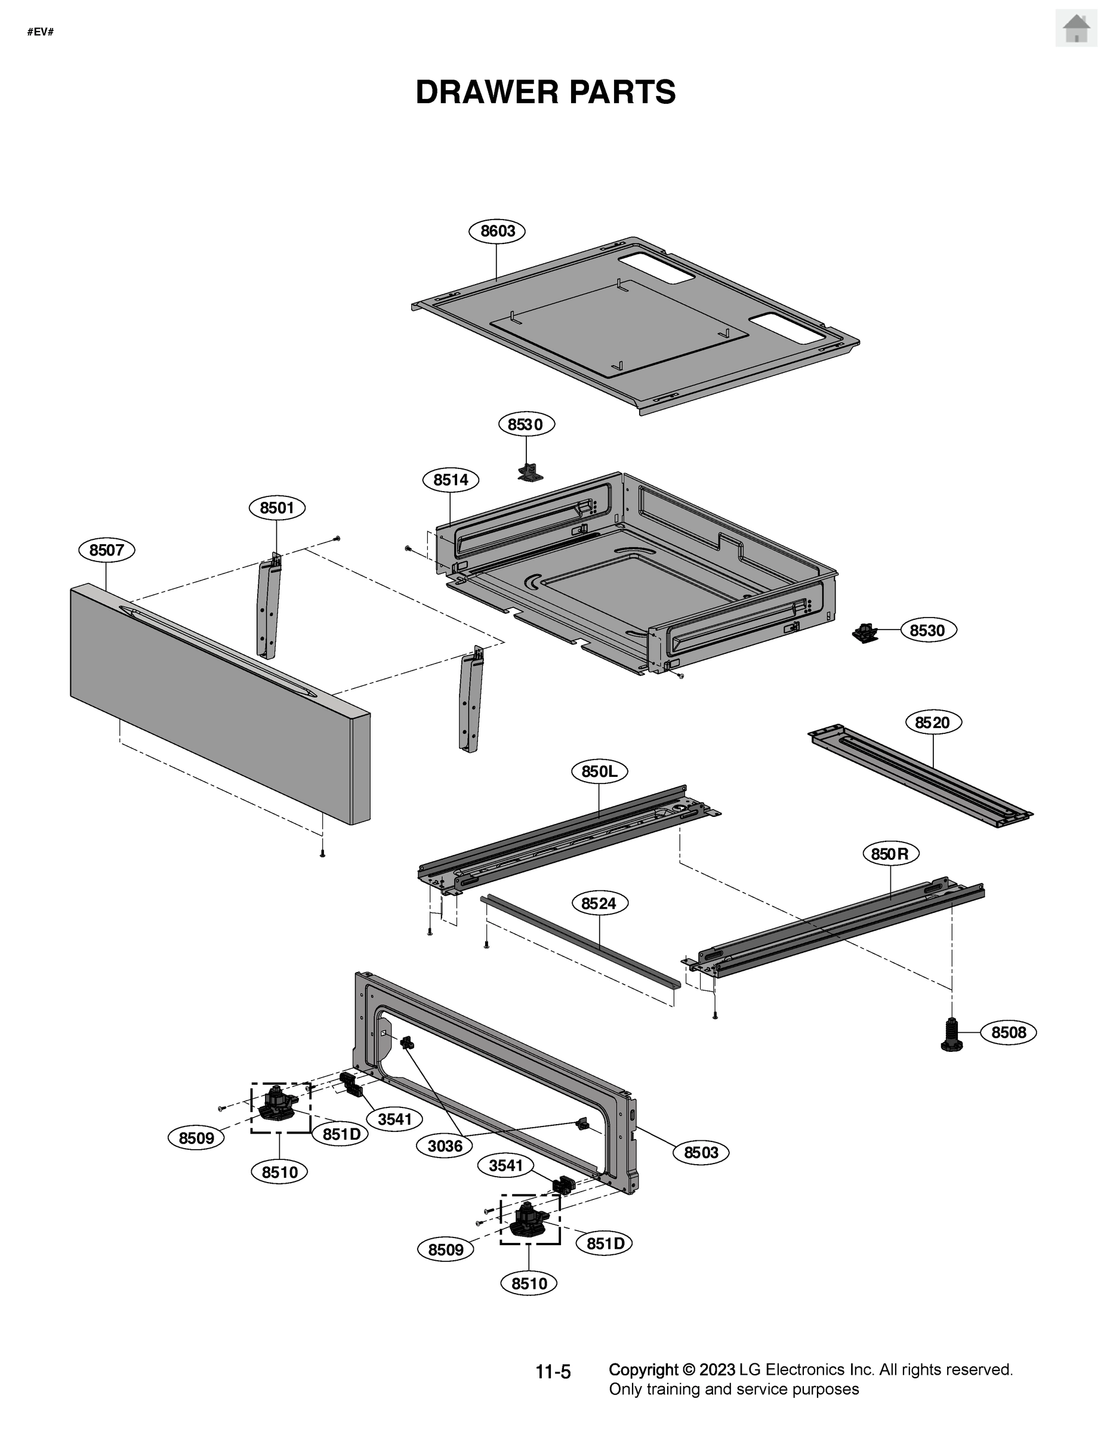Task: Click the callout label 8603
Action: tap(497, 231)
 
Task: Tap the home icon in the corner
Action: tap(1075, 29)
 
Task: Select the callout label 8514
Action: tap(451, 479)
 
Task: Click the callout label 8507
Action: tap(106, 550)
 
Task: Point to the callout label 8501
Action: tap(277, 508)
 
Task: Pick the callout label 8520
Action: tap(933, 722)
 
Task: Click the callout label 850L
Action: tap(599, 771)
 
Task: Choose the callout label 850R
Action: tap(890, 854)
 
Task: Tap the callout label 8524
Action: tap(599, 903)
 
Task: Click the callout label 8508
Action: tap(1008, 1033)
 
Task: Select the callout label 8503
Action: tap(701, 1152)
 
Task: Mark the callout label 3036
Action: tap(445, 1146)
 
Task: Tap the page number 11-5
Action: tap(553, 1371)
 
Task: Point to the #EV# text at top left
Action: tap(40, 32)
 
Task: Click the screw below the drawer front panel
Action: tap(322, 854)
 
